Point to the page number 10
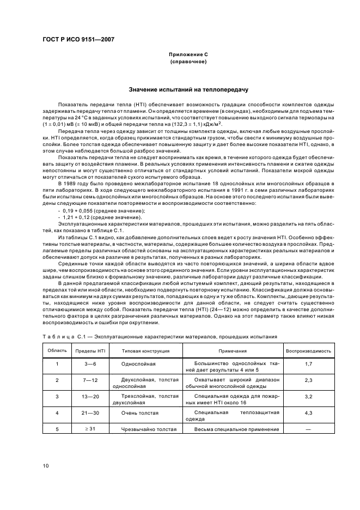(47, 465)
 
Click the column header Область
(57, 351)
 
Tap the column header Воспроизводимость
(308, 351)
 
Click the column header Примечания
(233, 351)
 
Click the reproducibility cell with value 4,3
(308, 416)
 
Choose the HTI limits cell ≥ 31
(90, 430)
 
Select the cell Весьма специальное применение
(233, 430)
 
